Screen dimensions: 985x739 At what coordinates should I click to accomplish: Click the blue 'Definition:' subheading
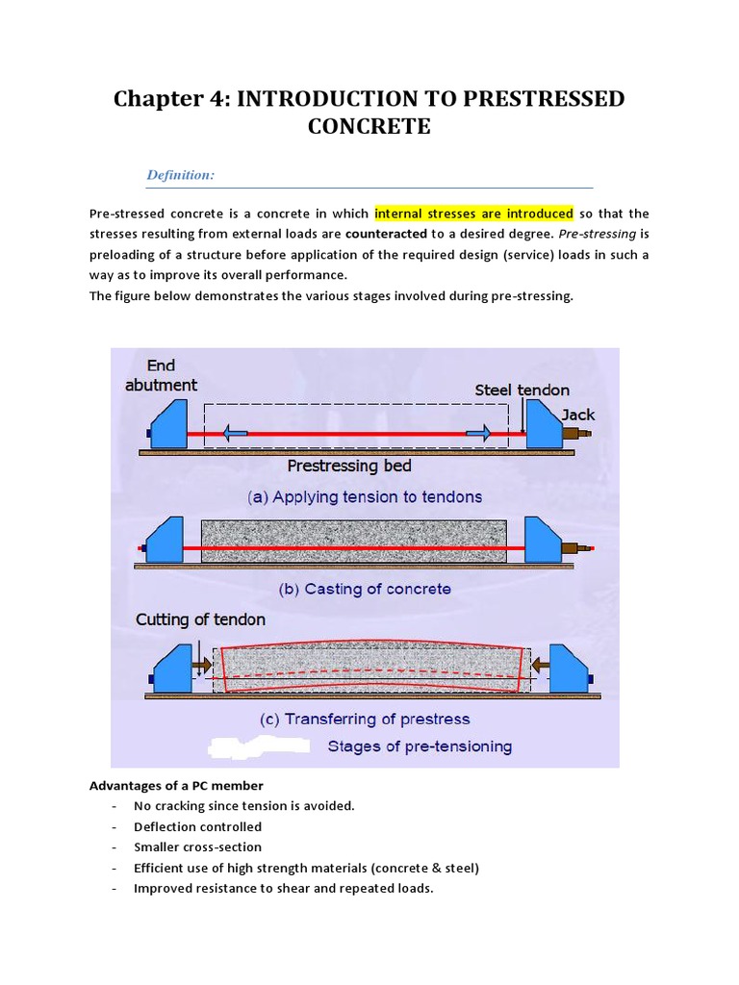point(180,174)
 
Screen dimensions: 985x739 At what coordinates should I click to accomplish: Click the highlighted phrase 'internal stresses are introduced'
point(473,214)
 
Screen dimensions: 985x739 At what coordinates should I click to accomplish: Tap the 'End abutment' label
point(160,375)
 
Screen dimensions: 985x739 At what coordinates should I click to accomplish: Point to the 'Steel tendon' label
point(522,390)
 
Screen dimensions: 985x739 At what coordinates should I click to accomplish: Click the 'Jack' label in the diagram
point(578,415)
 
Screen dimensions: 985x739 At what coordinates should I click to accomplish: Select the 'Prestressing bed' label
point(349,466)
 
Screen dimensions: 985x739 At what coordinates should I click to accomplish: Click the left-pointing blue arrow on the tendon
point(233,434)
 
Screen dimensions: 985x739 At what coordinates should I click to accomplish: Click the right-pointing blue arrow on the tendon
point(478,434)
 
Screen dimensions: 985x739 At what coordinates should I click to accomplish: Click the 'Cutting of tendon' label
point(200,619)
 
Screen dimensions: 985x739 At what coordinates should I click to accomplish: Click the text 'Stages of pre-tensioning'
point(420,745)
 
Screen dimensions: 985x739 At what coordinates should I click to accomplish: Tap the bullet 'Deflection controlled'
point(197,826)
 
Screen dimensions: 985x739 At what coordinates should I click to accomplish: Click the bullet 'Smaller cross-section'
point(197,847)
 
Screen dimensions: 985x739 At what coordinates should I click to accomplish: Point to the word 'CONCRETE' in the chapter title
point(369,126)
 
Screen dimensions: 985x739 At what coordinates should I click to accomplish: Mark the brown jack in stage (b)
point(580,548)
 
